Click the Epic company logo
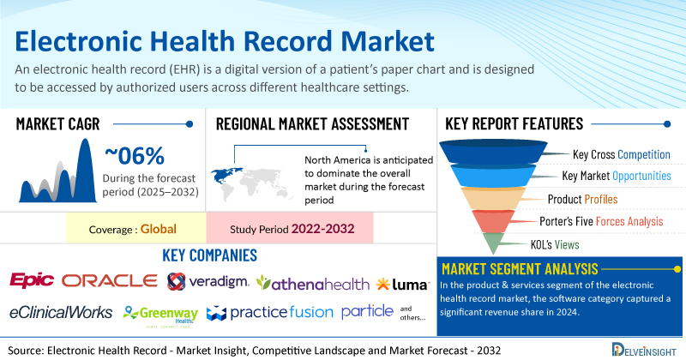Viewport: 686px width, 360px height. tap(33, 281)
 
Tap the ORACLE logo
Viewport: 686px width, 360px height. tap(109, 281)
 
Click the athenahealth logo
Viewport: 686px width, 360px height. tap(312, 282)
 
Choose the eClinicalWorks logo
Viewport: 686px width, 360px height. tap(61, 311)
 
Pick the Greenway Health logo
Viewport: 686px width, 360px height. tap(159, 312)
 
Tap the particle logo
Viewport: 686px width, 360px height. tap(368, 310)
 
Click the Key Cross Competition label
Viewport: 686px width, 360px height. tap(621, 155)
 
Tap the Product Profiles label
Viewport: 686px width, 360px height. tap(582, 199)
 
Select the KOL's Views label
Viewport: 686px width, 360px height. tap(568, 243)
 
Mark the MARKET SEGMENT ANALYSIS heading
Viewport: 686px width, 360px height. tap(520, 268)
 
